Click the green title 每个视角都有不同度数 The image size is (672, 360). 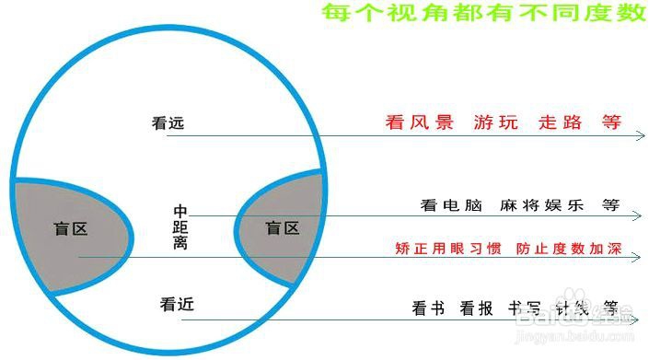(x=482, y=14)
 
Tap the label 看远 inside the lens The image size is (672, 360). (x=168, y=122)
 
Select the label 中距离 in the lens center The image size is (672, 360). (x=181, y=227)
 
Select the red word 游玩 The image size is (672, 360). (x=496, y=122)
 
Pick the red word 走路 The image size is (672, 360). (x=561, y=122)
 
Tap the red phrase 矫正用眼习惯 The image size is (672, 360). (x=447, y=250)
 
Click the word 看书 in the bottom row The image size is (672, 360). (x=428, y=308)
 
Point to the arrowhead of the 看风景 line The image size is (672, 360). (x=641, y=135)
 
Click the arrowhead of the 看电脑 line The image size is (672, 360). (x=637, y=215)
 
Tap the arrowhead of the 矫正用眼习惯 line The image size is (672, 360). (x=637, y=259)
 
